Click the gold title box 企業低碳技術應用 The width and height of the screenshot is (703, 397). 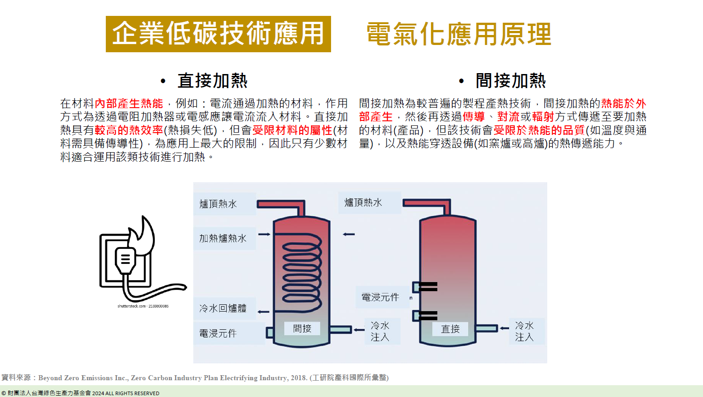[x=218, y=34]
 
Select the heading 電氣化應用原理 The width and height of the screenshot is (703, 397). [x=459, y=35]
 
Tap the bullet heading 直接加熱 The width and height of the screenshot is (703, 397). [x=212, y=81]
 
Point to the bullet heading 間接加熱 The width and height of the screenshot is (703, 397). [x=510, y=81]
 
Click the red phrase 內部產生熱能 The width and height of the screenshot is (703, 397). [x=129, y=104]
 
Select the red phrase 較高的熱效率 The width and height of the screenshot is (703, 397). [x=129, y=130]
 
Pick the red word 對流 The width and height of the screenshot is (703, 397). [x=508, y=117]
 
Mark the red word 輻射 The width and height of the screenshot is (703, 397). [x=543, y=117]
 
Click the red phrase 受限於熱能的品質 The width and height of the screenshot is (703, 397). [x=539, y=130]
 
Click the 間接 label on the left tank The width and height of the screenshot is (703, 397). [x=302, y=328]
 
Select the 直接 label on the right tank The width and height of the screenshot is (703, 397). [x=450, y=329]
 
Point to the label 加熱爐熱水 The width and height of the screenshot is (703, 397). [x=223, y=238]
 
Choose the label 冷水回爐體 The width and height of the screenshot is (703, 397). [x=223, y=308]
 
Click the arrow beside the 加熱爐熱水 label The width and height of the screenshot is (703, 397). [x=264, y=234]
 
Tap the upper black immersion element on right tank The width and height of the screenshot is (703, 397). [x=427, y=287]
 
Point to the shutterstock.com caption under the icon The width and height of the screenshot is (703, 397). [x=143, y=306]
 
